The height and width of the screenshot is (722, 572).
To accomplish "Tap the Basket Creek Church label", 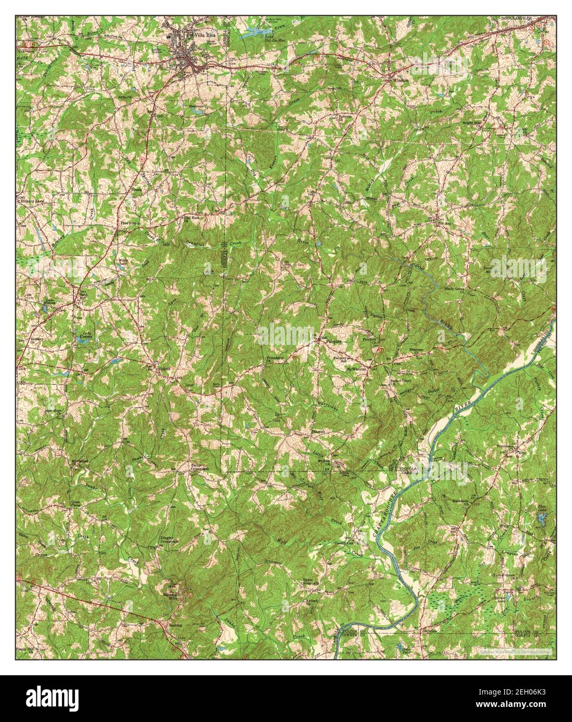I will (x=400, y=380).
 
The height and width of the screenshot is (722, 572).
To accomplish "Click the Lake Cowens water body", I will (x=83, y=338).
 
